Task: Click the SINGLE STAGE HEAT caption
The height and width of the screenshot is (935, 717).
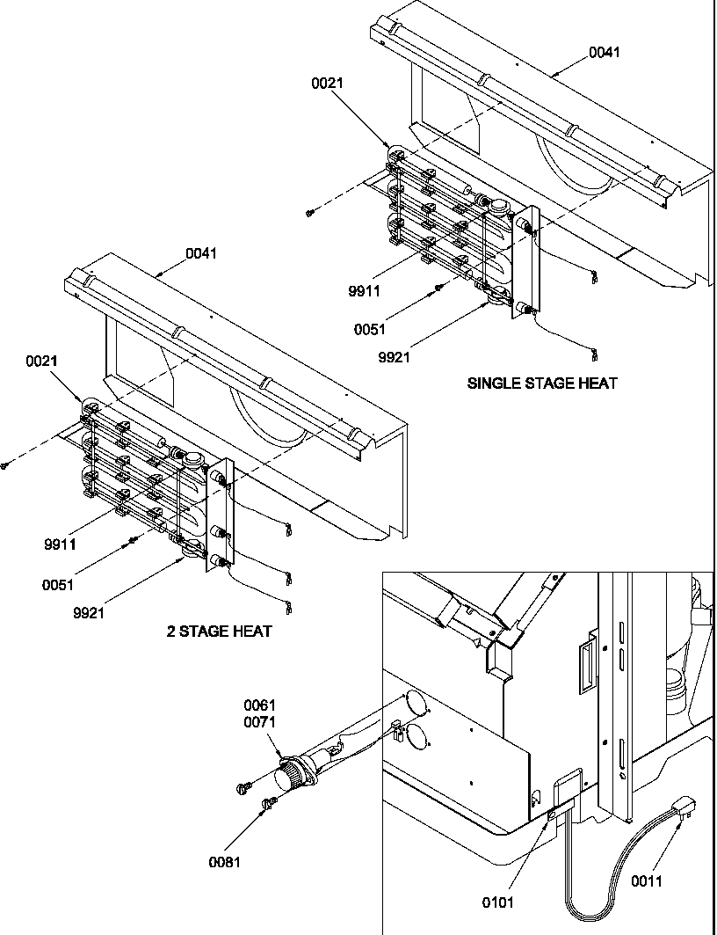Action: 541,383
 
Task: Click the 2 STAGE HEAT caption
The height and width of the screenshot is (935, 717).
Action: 219,631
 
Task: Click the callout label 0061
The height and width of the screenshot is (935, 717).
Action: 260,705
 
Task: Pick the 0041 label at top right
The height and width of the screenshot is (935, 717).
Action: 604,52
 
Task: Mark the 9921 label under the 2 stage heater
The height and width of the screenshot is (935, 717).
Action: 89,613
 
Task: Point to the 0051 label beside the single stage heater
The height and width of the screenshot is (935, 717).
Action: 369,329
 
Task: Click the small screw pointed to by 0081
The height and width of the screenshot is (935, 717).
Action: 269,801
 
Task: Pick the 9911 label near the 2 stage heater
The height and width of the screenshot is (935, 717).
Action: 60,544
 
